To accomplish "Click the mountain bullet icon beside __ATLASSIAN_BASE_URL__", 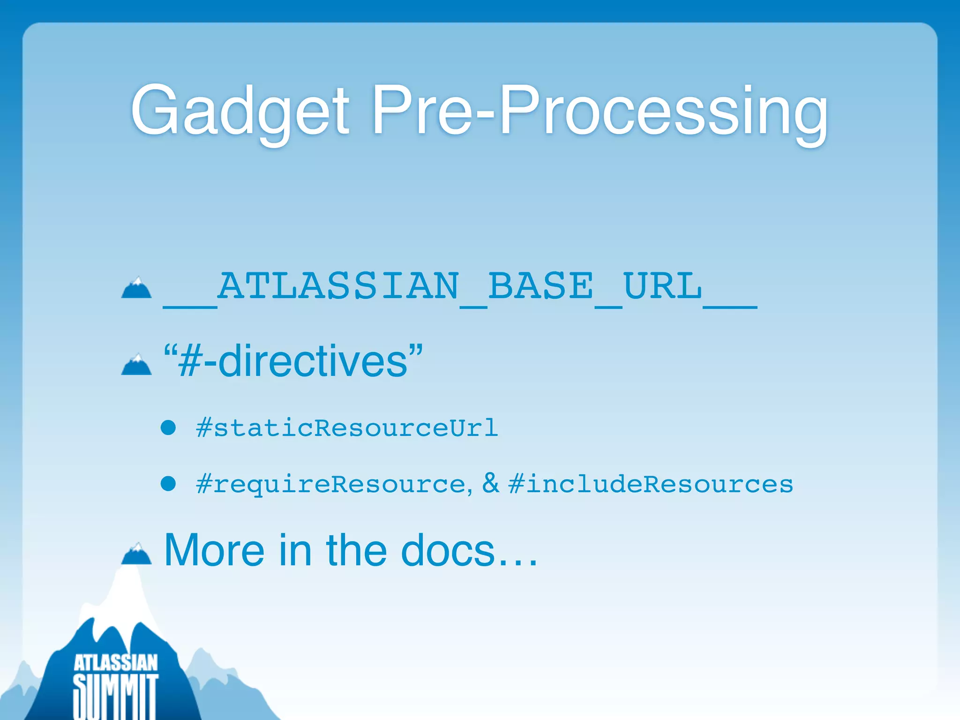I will (x=136, y=288).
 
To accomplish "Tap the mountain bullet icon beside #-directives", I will (x=136, y=365).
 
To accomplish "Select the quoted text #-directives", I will (x=293, y=361).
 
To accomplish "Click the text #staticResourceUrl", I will (x=347, y=428).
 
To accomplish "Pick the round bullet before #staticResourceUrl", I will (x=168, y=427).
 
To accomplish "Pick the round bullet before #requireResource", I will (x=168, y=483).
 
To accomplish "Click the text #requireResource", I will (x=331, y=484).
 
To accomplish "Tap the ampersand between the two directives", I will (x=490, y=483).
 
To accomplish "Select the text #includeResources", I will (x=651, y=484).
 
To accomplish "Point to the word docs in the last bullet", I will (x=448, y=550).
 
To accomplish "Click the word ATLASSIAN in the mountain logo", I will (x=115, y=663).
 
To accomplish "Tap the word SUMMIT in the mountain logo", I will (x=115, y=696).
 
